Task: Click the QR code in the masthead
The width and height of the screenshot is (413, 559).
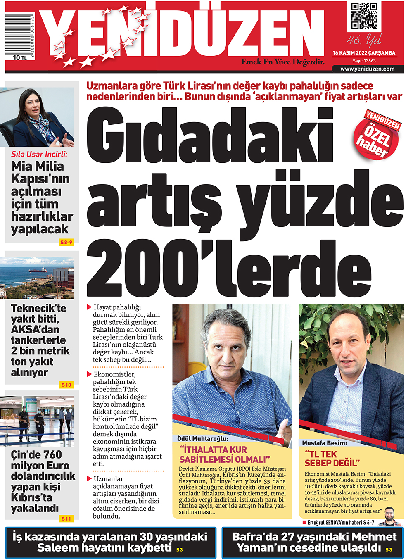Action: (364, 16)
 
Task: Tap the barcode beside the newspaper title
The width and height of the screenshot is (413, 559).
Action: (19, 35)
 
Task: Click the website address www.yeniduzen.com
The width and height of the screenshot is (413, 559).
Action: (367, 69)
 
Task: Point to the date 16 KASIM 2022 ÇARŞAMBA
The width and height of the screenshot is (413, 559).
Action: (364, 53)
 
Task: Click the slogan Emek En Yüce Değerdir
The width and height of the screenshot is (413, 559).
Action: (283, 62)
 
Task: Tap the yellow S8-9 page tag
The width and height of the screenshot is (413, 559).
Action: (66, 242)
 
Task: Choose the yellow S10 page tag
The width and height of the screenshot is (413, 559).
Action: (66, 385)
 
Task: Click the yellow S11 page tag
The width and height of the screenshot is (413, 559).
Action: (66, 519)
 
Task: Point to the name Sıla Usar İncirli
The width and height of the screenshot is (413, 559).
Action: (39, 154)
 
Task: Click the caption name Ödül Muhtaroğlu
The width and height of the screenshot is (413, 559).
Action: (202, 438)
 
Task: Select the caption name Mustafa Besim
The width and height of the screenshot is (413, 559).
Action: (325, 443)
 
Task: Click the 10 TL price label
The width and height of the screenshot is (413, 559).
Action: (19, 58)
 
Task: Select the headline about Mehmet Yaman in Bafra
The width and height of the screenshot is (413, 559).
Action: (314, 542)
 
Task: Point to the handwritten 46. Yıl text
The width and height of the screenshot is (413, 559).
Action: (364, 40)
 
